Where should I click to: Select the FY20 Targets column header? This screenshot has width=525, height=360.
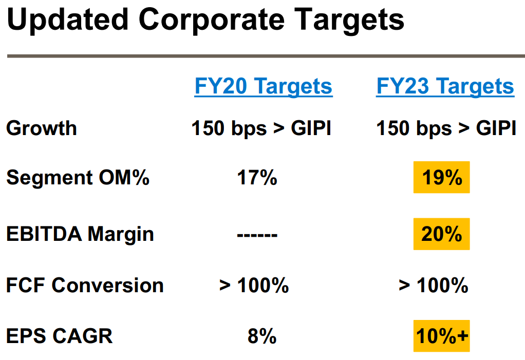pos(263,86)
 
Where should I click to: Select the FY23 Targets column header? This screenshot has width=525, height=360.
pos(445,86)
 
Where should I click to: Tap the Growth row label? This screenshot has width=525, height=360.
pos(42,128)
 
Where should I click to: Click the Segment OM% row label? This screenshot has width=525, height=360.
pos(78,177)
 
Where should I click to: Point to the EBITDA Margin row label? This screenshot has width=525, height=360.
pos(80,234)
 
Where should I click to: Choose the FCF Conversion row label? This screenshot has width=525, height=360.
pos(85,286)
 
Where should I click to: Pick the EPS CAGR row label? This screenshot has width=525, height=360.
pos(59,335)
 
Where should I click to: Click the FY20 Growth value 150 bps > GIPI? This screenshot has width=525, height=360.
pos(261,128)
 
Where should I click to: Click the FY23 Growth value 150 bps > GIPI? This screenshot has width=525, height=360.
pos(446,128)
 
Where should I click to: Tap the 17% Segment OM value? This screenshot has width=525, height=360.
pos(257,177)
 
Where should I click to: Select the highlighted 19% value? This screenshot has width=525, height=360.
pos(442,177)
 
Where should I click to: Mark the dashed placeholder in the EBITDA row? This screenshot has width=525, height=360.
pos(257,235)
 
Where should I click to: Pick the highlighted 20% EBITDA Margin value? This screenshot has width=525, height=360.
pos(442,234)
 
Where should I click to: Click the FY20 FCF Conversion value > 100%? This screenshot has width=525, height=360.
pos(254,286)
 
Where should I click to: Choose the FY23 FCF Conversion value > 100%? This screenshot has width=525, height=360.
pos(434,286)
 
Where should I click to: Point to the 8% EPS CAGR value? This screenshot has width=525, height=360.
pos(262,336)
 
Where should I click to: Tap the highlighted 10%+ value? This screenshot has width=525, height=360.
pos(442,336)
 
